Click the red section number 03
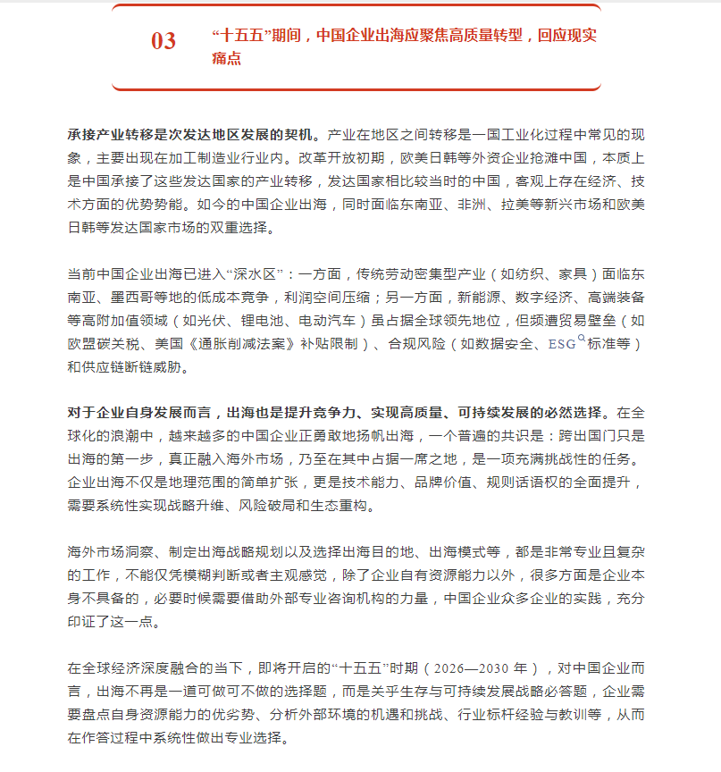pos(163,41)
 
